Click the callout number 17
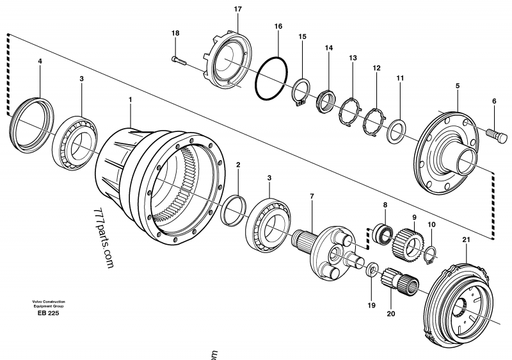(x=238, y=10)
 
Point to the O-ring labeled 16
(x=273, y=81)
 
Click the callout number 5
(x=458, y=85)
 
